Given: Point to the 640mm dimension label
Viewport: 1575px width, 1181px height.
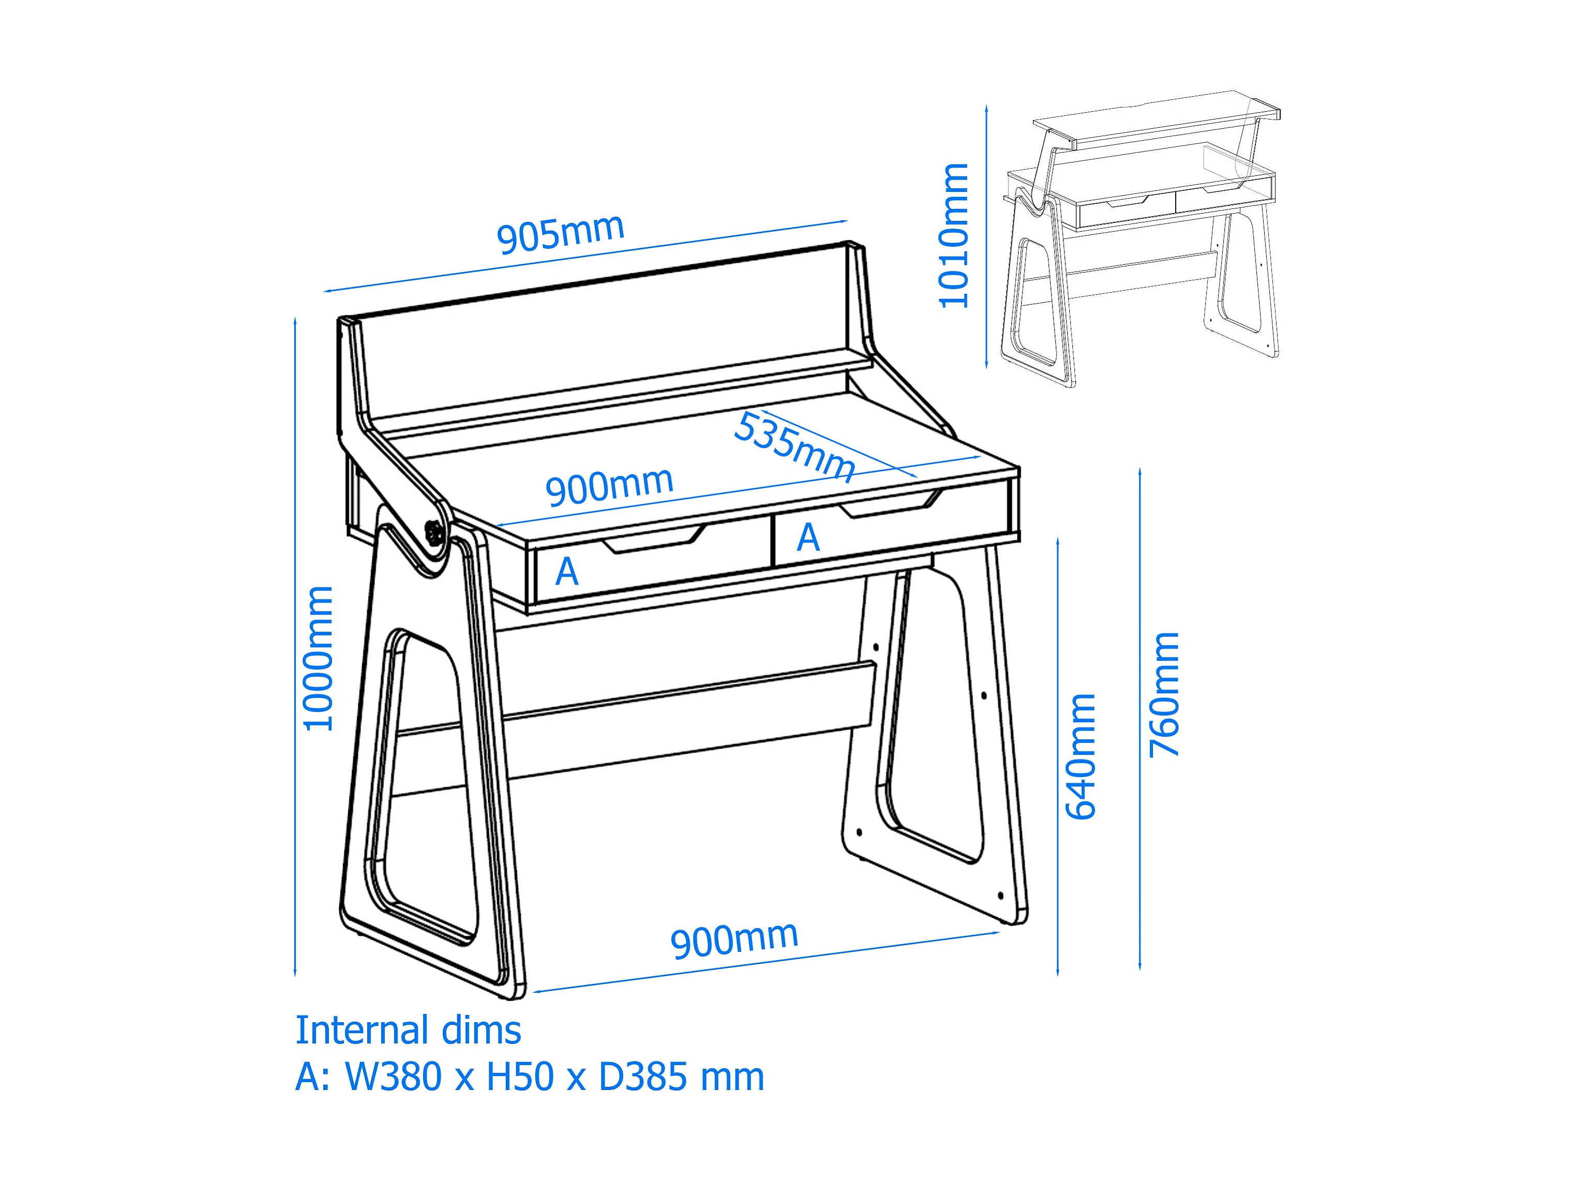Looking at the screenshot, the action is pyautogui.click(x=1080, y=756).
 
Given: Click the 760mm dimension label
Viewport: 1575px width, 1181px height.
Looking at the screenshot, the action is pyautogui.click(x=1164, y=695).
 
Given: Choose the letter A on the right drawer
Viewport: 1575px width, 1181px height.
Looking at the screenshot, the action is pyautogui.click(x=808, y=538).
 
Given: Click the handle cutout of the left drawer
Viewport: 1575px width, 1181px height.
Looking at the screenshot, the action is pyautogui.click(x=653, y=541).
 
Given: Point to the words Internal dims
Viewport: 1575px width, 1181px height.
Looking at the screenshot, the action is pyautogui.click(x=408, y=1030).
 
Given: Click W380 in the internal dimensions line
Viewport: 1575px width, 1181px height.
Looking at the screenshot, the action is pyautogui.click(x=393, y=1077).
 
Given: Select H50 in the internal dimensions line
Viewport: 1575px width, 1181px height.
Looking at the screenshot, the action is pyautogui.click(x=519, y=1077).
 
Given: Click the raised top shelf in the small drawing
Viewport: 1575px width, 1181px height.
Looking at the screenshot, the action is pyautogui.click(x=1153, y=121).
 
